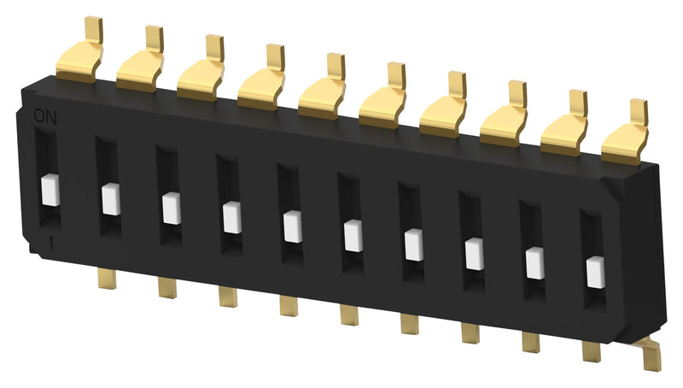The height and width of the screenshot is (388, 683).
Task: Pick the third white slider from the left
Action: pos(171,209)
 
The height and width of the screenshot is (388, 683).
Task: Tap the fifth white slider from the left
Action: pos(292,226)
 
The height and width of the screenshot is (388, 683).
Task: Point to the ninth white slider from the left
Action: pos(534,262)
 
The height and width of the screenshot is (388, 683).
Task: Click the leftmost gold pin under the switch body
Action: pos(107,278)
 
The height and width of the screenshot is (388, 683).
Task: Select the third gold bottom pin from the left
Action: pos(228,296)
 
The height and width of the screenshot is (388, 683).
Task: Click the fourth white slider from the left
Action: pos(231,217)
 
